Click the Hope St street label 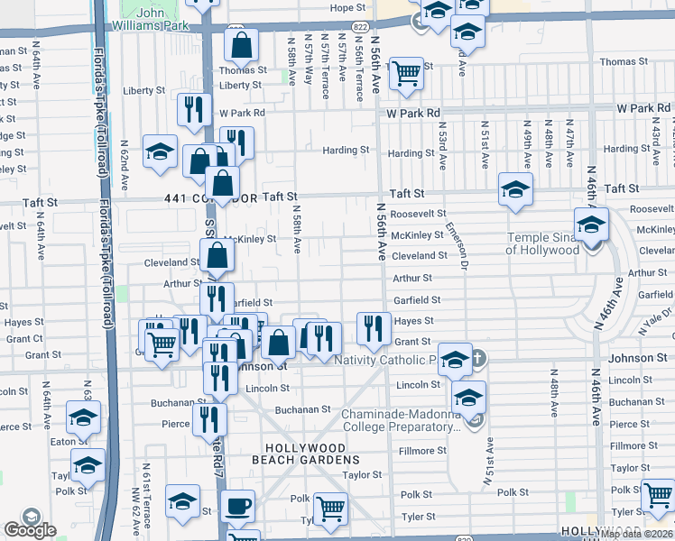pos(347,8)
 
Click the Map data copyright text pos(635,535)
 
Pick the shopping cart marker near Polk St pos(331,508)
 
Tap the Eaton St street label pos(63,441)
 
